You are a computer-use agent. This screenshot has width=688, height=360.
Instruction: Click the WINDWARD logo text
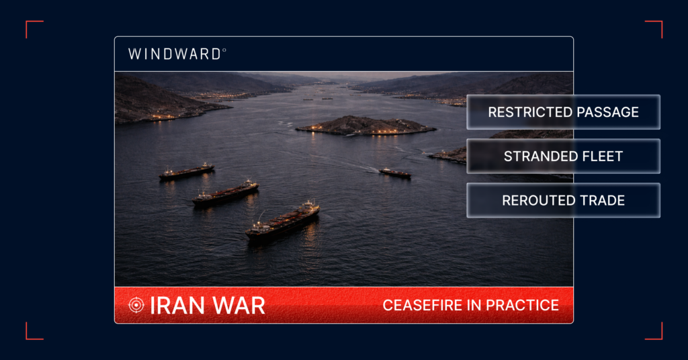[174, 54]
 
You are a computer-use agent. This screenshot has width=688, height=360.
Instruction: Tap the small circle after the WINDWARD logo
[224, 50]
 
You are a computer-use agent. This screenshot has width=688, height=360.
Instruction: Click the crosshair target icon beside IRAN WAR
[136, 305]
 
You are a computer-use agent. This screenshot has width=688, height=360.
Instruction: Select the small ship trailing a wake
[394, 173]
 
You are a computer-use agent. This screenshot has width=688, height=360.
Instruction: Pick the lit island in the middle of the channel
[366, 126]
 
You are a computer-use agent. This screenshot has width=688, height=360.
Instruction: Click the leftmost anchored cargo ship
[186, 172]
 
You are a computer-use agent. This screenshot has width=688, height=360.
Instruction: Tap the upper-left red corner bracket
[34, 28]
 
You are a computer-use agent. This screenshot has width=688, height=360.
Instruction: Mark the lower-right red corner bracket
[654, 331]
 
